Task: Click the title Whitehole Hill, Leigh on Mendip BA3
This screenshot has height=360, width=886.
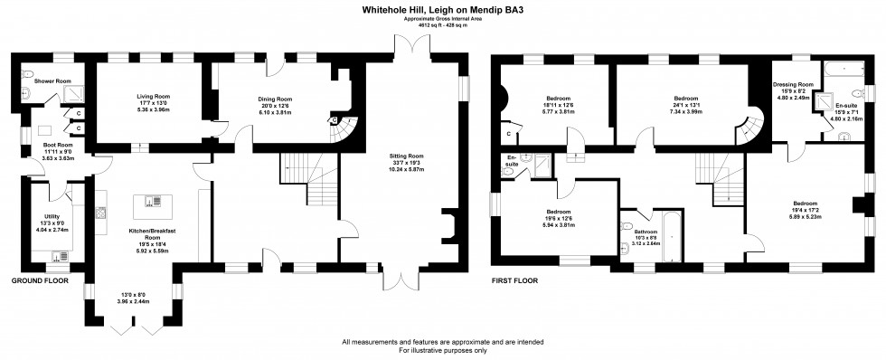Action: [442, 9]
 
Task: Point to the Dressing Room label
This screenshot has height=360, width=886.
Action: [793, 84]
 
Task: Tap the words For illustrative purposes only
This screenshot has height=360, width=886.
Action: [442, 349]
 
